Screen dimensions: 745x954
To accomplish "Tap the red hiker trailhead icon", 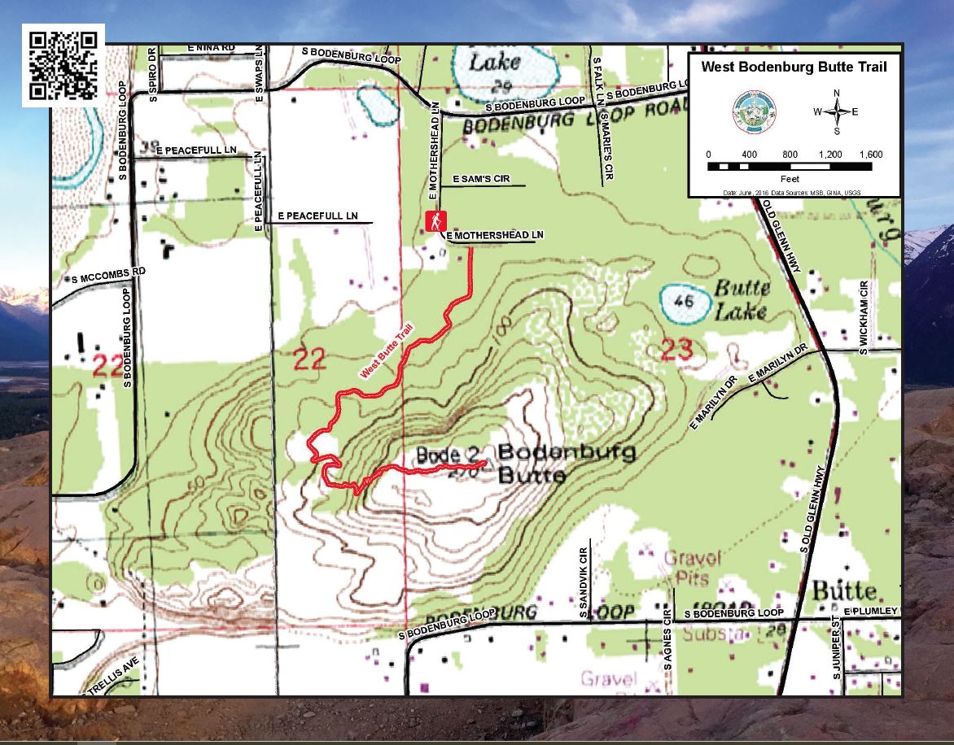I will click(436, 221).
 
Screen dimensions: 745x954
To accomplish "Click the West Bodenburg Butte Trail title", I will click(794, 68).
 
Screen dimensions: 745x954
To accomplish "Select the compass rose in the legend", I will click(837, 111).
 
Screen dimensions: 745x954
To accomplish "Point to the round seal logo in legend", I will click(754, 111).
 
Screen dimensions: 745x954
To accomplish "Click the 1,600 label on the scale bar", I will click(869, 155).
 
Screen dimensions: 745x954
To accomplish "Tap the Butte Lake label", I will click(741, 298).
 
